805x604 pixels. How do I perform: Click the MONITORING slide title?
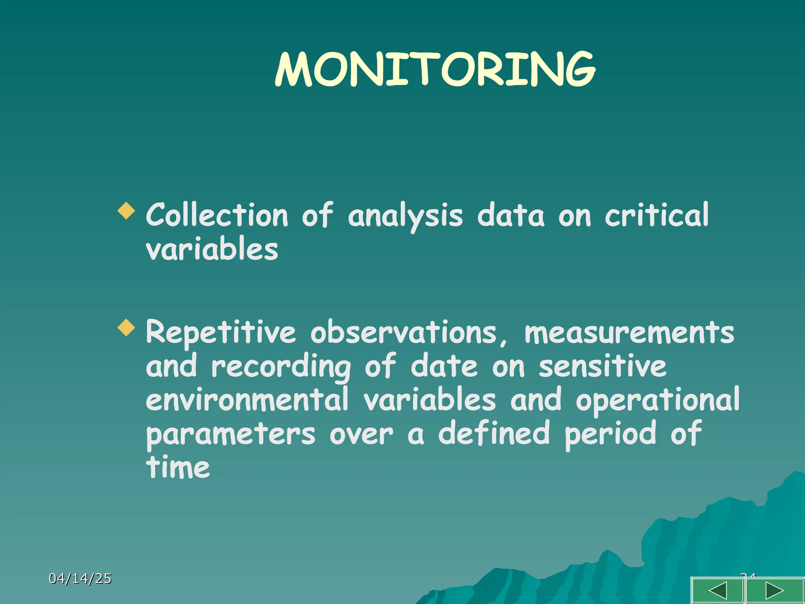(435, 70)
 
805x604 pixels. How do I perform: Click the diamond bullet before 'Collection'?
(126, 211)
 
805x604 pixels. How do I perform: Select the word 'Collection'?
(217, 215)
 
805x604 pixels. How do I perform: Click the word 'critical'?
(656, 215)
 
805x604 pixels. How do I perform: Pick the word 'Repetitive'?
(221, 333)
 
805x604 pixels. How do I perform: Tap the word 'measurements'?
(629, 333)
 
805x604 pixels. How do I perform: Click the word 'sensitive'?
(602, 366)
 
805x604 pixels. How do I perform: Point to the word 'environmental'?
(247, 400)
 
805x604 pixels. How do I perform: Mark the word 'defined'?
(494, 433)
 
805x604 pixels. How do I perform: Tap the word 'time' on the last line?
(178, 467)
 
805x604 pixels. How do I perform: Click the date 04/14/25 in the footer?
(80, 578)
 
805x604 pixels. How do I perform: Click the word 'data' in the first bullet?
(511, 215)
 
